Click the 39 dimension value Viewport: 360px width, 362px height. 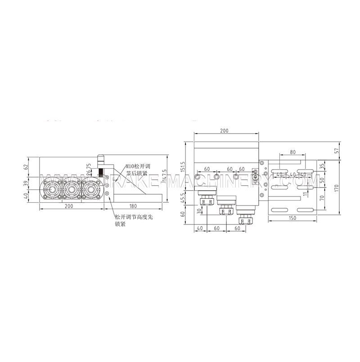pos(26,183)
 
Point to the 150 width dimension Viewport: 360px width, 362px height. pos(292,217)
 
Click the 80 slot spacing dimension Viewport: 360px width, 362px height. pos(292,152)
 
